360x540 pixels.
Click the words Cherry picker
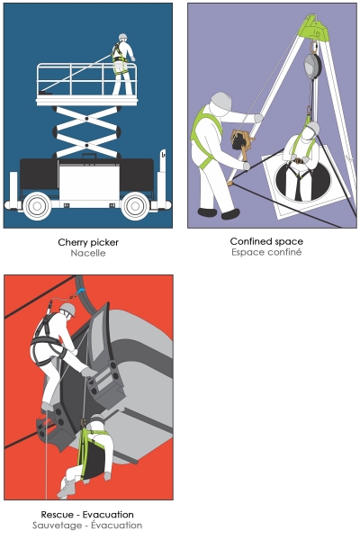88,242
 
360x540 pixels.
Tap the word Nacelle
88,253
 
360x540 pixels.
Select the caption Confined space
266,241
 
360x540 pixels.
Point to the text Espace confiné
266,252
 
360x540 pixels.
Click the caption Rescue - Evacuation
87,515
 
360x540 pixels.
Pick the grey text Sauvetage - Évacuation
87,526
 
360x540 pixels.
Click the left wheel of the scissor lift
37,206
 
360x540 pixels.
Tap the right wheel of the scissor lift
135,206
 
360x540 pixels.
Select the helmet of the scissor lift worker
123,37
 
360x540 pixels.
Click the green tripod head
314,28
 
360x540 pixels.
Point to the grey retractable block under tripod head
312,65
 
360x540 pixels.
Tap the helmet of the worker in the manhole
312,128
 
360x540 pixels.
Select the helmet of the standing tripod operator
220,101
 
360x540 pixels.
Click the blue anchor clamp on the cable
81,292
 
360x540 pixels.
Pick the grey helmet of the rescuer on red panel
67,309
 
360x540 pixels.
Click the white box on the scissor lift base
89,183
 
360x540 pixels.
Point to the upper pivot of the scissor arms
86,119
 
